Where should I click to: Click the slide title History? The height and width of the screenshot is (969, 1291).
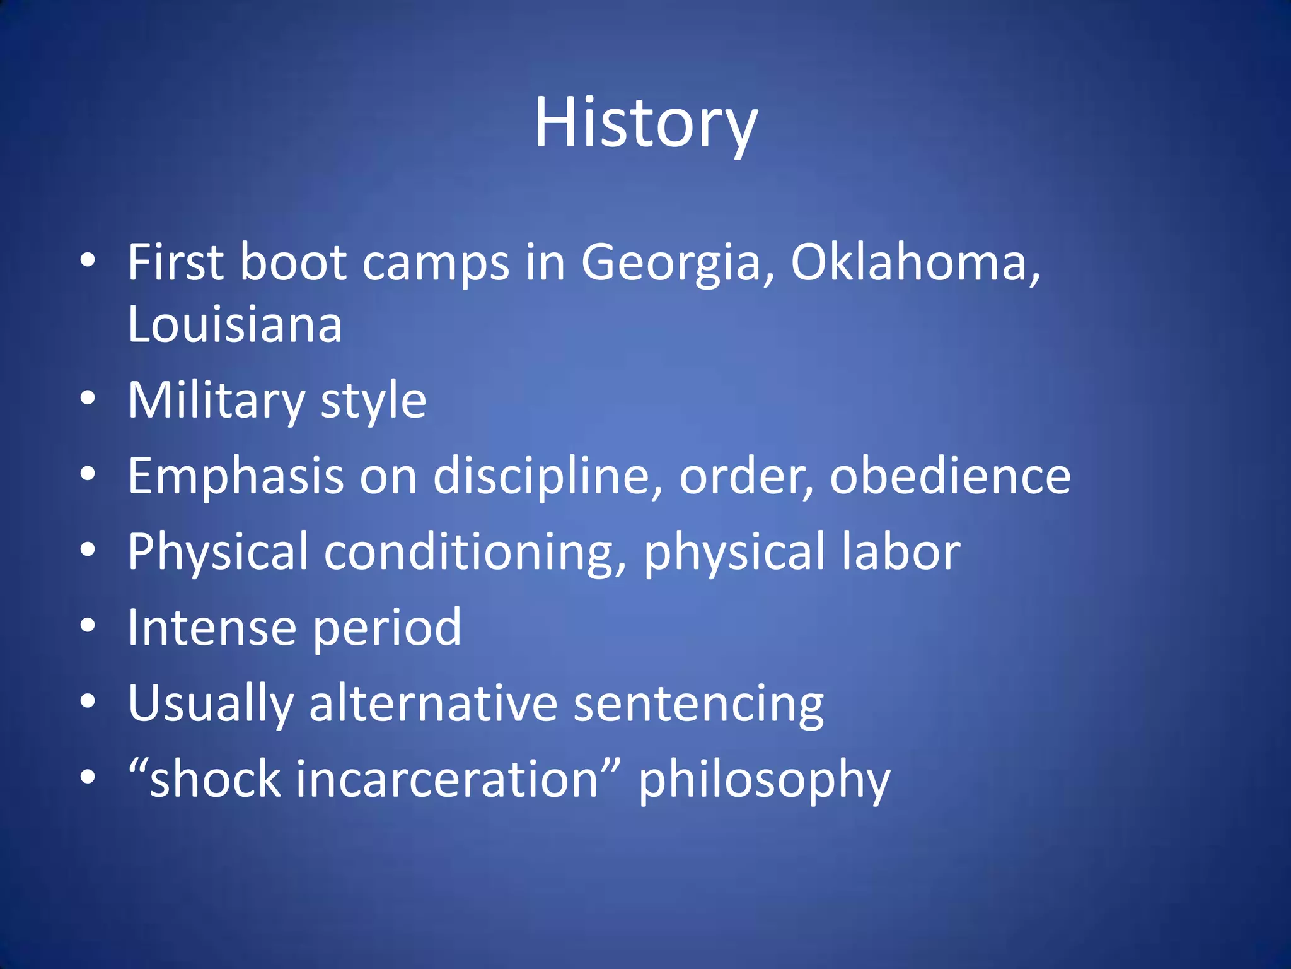[x=645, y=123]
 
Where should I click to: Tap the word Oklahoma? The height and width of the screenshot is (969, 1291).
[x=914, y=262]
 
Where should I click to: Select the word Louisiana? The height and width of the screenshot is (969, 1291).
[x=234, y=324]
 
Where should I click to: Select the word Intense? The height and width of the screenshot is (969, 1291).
[x=212, y=628]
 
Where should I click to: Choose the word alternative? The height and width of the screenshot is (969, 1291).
[x=433, y=703]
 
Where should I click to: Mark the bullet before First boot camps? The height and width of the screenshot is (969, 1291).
[x=88, y=260]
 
